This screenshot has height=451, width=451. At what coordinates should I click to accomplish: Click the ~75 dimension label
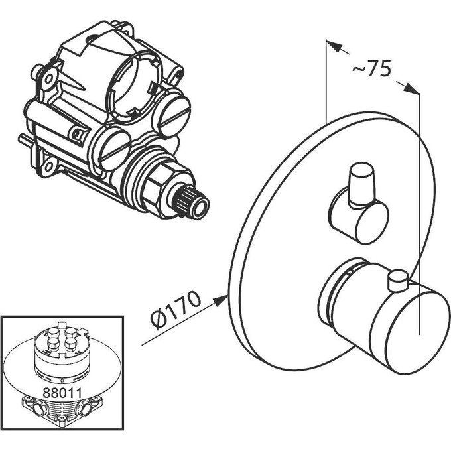pos(371,68)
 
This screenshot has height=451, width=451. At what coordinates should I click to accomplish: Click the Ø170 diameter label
pos(176,310)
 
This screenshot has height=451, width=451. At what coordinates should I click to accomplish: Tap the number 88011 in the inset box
pos(62,393)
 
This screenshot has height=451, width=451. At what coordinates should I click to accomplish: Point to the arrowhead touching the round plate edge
pos(220,300)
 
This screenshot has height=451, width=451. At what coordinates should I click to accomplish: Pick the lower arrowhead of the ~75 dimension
pos(411,88)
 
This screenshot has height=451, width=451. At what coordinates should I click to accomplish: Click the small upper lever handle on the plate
pos(362,184)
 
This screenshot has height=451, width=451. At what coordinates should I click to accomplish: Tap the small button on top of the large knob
pos(398,281)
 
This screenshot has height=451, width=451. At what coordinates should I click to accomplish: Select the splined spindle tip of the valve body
pos(191,202)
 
